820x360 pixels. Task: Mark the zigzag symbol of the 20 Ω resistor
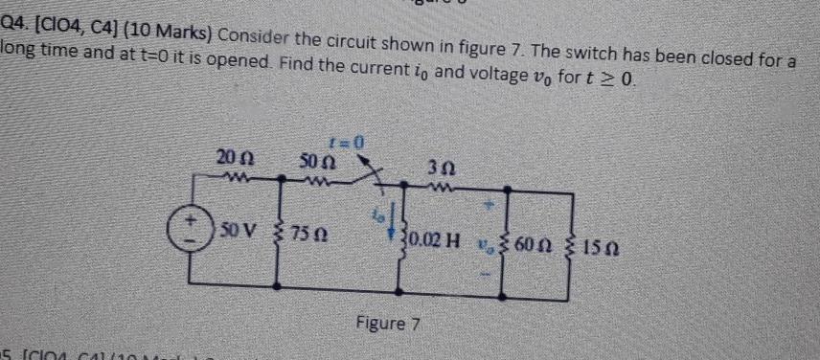pyautogui.click(x=228, y=176)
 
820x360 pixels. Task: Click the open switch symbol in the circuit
pyautogui.click(x=358, y=173)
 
